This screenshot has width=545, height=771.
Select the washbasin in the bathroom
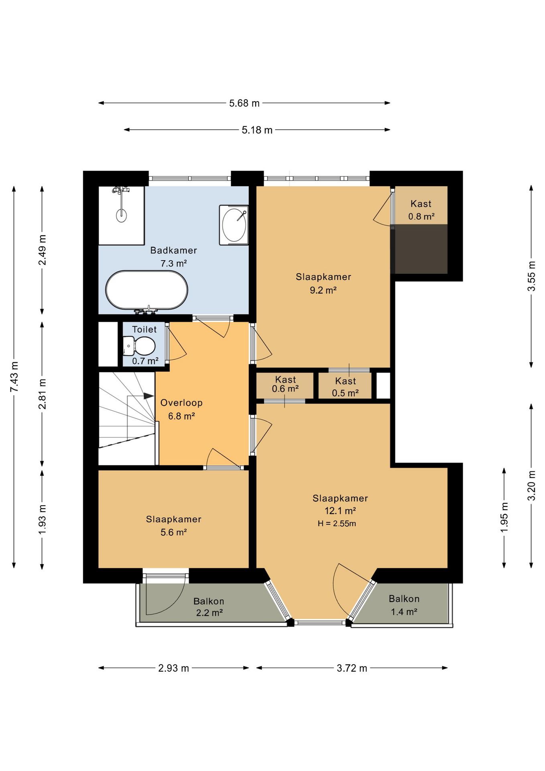click(x=234, y=225)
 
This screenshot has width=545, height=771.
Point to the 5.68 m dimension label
click(x=244, y=103)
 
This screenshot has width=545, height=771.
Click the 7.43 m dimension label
click(x=14, y=377)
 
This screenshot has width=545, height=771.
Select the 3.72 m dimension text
click(x=352, y=668)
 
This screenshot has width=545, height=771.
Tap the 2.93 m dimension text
click(x=173, y=668)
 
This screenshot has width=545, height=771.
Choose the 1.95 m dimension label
click(x=504, y=518)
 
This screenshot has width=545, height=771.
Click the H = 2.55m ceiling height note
click(x=337, y=524)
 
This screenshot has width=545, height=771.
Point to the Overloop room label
click(x=181, y=403)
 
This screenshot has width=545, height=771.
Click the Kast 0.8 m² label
click(x=421, y=210)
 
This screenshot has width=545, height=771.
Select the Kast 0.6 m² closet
click(x=285, y=385)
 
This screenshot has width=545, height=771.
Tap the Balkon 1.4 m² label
click(x=404, y=605)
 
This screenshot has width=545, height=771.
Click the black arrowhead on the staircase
click(x=149, y=396)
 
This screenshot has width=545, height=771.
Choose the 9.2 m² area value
click(x=323, y=290)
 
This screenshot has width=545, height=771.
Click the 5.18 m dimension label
click(x=257, y=130)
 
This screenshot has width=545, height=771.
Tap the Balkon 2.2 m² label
click(x=209, y=607)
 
